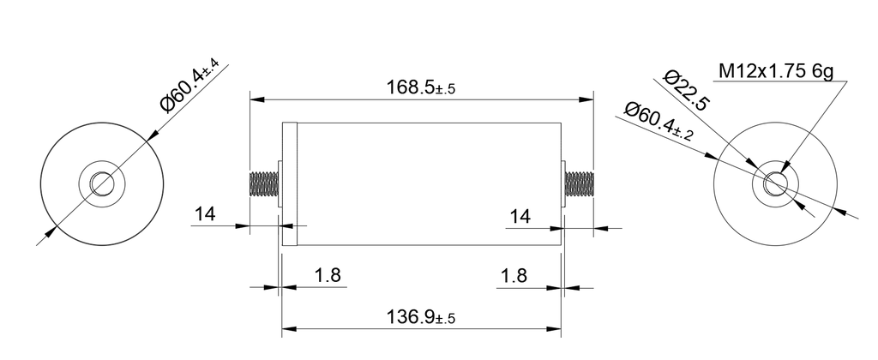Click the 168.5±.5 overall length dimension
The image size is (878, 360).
click(420, 87)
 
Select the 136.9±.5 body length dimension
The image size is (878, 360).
click(420, 316)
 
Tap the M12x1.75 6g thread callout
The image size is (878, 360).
click(775, 72)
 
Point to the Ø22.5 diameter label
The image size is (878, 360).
click(689, 93)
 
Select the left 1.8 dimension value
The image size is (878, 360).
click(328, 275)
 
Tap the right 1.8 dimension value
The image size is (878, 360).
click(514, 275)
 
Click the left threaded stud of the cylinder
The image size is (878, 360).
click(263, 183)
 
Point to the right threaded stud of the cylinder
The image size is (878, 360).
click(579, 183)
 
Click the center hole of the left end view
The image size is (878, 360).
click(101, 183)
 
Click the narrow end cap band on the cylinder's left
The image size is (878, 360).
click(289, 183)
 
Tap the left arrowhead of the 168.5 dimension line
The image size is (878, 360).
click(255, 99)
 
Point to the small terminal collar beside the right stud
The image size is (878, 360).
click(562, 183)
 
